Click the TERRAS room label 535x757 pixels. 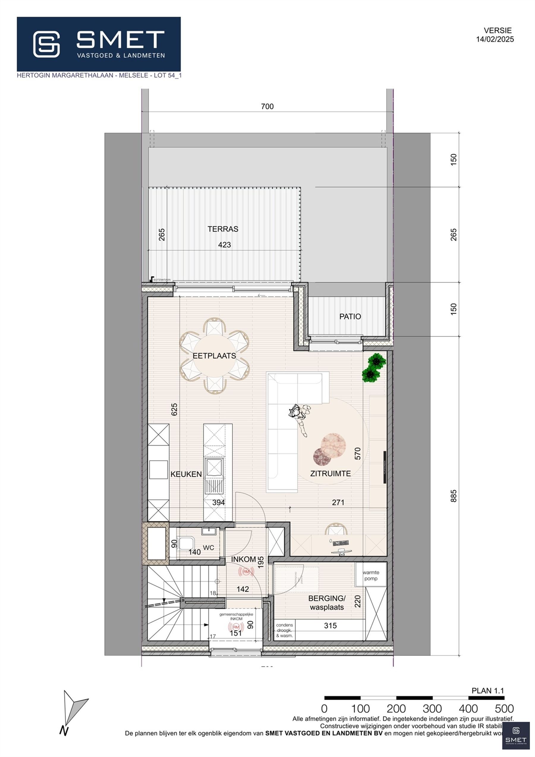coord(223,229)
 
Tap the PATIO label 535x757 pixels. coord(350,317)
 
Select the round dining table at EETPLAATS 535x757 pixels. coord(215,356)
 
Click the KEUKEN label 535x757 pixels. coord(186,474)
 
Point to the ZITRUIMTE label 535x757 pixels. coord(330,473)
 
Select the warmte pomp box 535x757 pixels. coord(371,576)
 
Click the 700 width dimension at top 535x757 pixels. coord(267,106)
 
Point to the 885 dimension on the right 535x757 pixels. coord(454,496)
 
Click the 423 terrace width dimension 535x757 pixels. coord(224,245)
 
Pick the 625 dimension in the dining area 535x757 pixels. coord(174,409)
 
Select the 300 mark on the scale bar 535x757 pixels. coord(432,709)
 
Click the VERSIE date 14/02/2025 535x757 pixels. coord(495,39)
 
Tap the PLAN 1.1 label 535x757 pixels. coord(487,691)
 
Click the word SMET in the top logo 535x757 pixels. coord(120,40)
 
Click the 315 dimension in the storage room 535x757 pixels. coord(330,626)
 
